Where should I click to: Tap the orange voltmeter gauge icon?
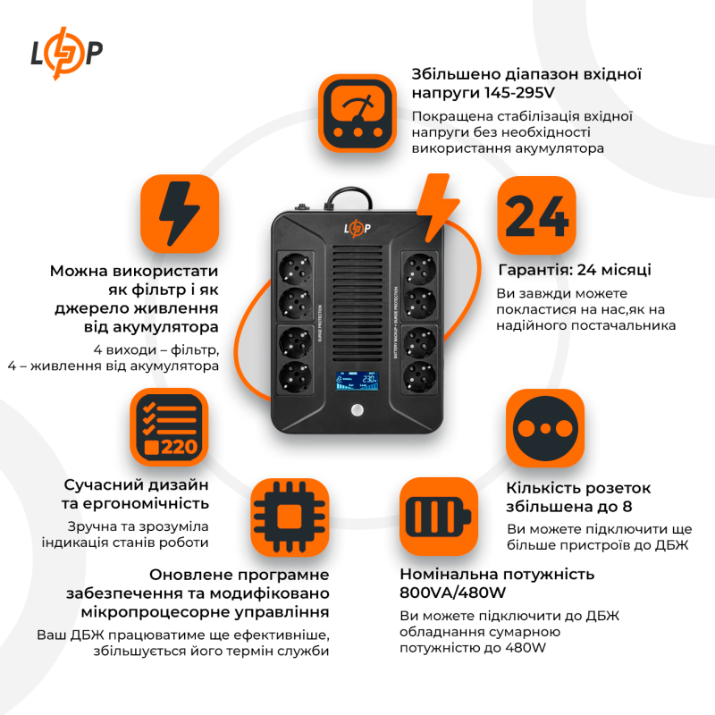click(x=357, y=113)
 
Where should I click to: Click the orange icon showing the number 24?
click(x=535, y=214)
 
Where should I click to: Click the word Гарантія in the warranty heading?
click(x=535, y=270)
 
